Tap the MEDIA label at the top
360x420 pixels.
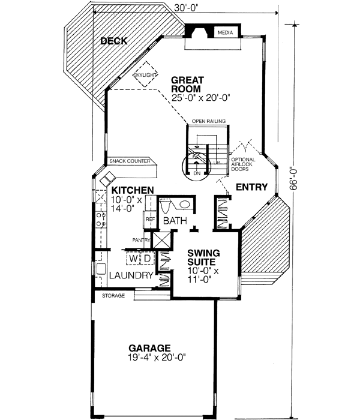[225, 32]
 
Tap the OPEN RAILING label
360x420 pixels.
[208, 121]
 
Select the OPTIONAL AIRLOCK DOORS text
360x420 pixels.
[243, 164]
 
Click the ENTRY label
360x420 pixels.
[251, 188]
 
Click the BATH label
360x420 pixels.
[175, 221]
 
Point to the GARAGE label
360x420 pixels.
[150, 348]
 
